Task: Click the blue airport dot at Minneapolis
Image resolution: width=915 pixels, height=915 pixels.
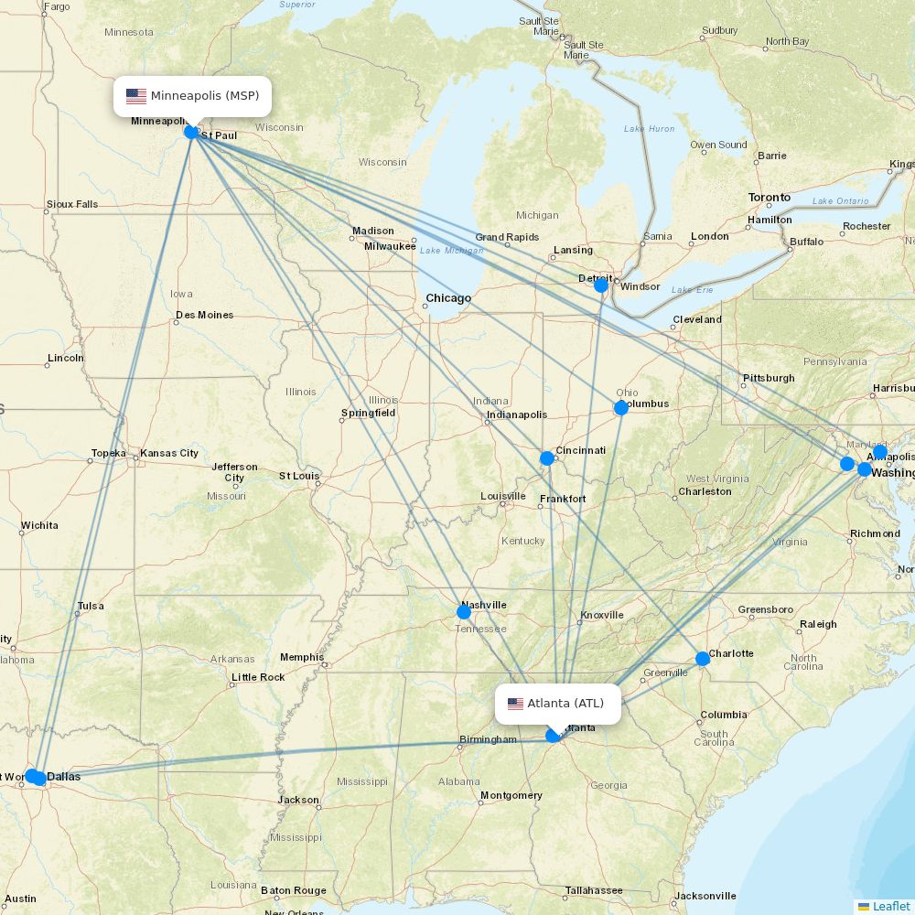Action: coord(191,132)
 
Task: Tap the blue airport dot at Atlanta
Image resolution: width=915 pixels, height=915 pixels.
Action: coord(554,736)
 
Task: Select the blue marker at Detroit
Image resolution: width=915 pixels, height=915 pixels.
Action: coord(601,285)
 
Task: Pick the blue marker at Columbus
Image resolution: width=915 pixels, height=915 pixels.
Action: coord(621,408)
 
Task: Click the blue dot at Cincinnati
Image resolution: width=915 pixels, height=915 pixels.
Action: coord(547,458)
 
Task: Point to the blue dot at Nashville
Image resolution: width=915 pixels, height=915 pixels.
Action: coord(464,612)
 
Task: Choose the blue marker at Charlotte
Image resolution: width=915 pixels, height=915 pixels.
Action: coord(703,659)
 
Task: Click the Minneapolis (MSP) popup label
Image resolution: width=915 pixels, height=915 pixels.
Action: coord(204,96)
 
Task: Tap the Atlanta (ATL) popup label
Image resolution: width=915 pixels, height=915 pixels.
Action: coord(565,704)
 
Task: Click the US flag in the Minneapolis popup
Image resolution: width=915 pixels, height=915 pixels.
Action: coord(136,96)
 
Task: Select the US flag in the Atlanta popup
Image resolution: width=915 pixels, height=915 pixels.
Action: coord(515,704)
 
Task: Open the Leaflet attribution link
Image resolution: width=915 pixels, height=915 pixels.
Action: coord(890,906)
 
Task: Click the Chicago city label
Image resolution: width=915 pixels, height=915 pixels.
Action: coord(448,298)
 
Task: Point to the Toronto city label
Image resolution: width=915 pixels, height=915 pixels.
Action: coord(770,198)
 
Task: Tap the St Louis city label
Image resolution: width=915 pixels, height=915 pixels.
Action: coord(298,476)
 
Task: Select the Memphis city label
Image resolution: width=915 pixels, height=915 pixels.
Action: coord(302,657)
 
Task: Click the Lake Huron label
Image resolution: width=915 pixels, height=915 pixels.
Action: coord(650,129)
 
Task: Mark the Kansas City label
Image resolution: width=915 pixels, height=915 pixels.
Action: coord(169,453)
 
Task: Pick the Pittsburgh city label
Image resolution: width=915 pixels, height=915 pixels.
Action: coord(768,378)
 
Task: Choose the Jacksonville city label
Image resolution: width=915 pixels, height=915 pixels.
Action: coord(705,896)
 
